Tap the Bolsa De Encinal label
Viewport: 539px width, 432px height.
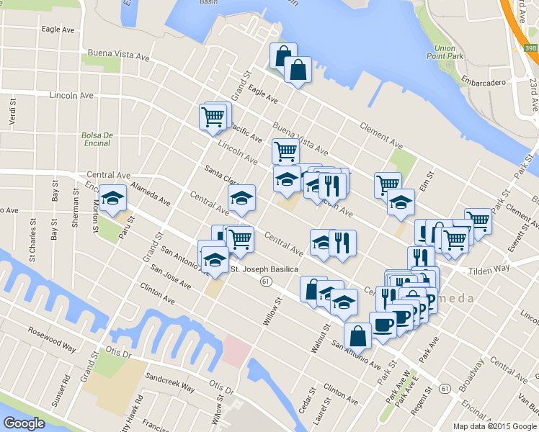[96, 139]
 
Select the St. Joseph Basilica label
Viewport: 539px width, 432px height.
[265, 270]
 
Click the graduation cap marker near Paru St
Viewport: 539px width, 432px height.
[113, 200]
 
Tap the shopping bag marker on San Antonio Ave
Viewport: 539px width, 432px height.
[358, 336]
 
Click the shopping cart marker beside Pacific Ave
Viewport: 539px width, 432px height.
[213, 117]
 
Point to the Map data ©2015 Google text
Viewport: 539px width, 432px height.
[494, 426]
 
